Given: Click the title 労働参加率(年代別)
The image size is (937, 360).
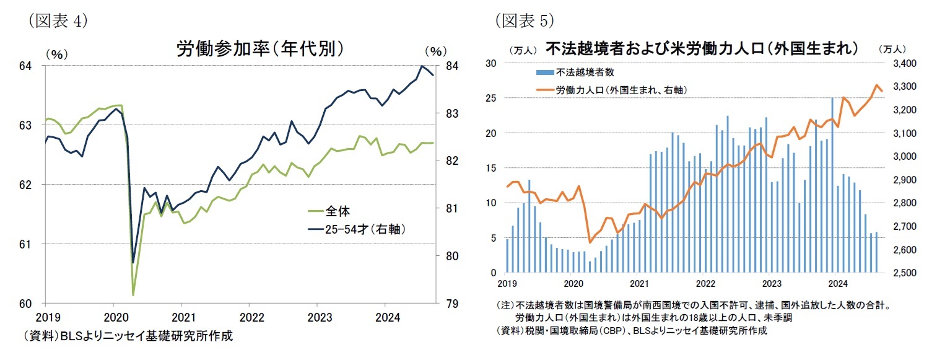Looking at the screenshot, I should point(259,49).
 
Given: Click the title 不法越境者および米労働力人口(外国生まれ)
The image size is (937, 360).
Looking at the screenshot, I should point(701,48).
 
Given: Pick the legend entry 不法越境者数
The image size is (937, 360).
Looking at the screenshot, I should point(584,72).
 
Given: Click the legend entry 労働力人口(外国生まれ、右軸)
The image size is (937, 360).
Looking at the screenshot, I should point(621,90).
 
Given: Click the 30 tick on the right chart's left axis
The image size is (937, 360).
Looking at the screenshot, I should point(492,63).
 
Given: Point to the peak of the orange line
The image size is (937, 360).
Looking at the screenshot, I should point(877,86).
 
